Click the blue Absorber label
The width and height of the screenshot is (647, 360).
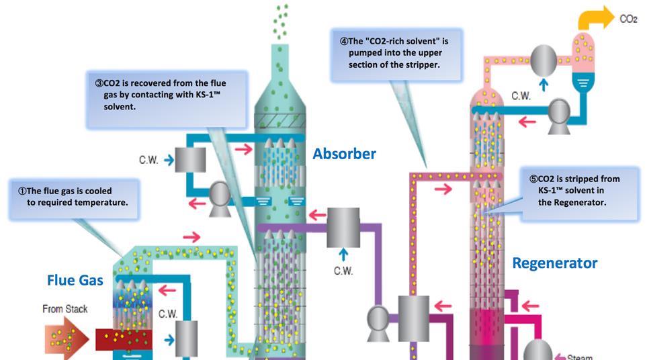[344, 154]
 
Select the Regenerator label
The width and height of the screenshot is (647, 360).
[554, 263]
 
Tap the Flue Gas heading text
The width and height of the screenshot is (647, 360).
[75, 279]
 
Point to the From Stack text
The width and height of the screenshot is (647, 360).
[64, 309]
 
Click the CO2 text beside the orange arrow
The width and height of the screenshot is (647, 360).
[628, 19]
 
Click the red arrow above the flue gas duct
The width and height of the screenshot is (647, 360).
[191, 237]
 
